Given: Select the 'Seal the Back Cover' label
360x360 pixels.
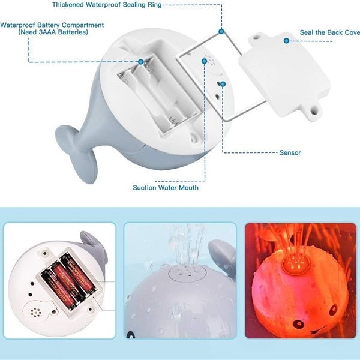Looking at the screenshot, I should (x=329, y=32).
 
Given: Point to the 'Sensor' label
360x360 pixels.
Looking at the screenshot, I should (x=290, y=152).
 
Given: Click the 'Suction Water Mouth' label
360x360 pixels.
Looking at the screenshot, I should (x=166, y=187).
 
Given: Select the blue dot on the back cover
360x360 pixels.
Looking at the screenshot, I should (x=287, y=40).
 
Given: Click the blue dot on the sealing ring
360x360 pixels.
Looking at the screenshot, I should (x=221, y=31).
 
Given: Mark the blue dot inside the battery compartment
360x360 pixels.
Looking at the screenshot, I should (x=141, y=61).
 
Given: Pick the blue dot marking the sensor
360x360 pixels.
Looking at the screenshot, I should (x=223, y=84).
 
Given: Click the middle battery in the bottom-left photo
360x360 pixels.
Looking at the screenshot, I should (x=67, y=282).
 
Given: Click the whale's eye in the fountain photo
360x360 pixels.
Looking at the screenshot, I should (x=130, y=334).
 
